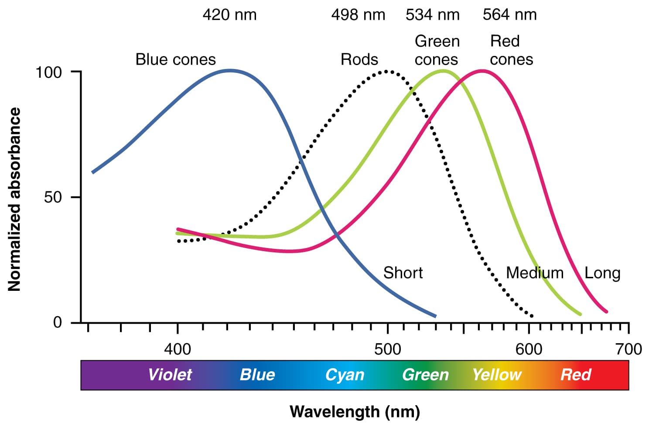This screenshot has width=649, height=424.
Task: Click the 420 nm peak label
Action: tap(229, 15)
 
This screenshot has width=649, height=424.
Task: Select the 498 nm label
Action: tap(358, 15)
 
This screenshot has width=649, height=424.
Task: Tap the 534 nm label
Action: tap(432, 15)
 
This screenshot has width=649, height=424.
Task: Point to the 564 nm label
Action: tap(509, 15)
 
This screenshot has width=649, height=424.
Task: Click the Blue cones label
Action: tap(175, 59)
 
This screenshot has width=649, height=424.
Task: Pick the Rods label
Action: tap(359, 59)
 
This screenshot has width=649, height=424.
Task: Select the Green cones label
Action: tap(437, 50)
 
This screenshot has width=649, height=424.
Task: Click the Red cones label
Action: tap(511, 50)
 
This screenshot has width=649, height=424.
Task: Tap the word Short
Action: tap(403, 273)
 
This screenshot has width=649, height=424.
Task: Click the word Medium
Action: tap(535, 273)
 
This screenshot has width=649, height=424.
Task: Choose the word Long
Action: tap(602, 273)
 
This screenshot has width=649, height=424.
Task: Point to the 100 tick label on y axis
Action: tap(48, 72)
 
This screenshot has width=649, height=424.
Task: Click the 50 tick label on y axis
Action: tap(53, 197)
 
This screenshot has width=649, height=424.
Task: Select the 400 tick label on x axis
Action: tap(178, 349)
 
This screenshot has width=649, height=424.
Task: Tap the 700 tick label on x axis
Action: tap(628, 349)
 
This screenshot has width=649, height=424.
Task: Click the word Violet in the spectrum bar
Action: tap(170, 375)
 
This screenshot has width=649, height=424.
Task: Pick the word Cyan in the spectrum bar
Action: tap(345, 375)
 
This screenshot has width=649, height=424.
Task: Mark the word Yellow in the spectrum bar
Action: tap(497, 375)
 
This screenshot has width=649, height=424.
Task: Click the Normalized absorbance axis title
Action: tap(14, 199)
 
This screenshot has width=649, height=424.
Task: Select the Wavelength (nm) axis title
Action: tap(355, 411)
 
